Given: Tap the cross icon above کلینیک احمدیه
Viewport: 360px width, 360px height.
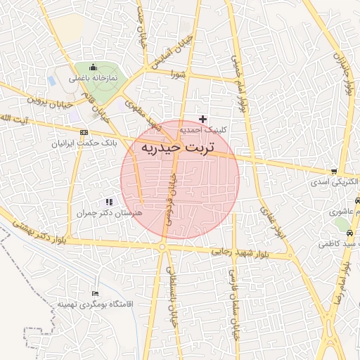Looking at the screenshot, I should pyautogui.click(x=203, y=119).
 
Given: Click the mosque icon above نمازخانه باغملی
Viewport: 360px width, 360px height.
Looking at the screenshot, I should pyautogui.click(x=93, y=67).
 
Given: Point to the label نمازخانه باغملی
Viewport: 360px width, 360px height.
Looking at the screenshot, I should pyautogui.click(x=93, y=78).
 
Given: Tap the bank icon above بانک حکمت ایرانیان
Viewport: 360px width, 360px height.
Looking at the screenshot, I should pyautogui.click(x=84, y=132).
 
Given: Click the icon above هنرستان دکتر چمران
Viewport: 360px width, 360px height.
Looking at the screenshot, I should pyautogui.click(x=108, y=202).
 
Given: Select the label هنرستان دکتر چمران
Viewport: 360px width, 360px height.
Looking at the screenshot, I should pyautogui.click(x=109, y=212).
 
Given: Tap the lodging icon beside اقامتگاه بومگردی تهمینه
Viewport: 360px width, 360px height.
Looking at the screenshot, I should pyautogui.click(x=96, y=293).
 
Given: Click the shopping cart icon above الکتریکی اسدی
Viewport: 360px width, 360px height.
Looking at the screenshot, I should pyautogui.click(x=333, y=171).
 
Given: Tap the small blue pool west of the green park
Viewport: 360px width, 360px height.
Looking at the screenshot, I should pyautogui.click(x=51, y=80).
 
